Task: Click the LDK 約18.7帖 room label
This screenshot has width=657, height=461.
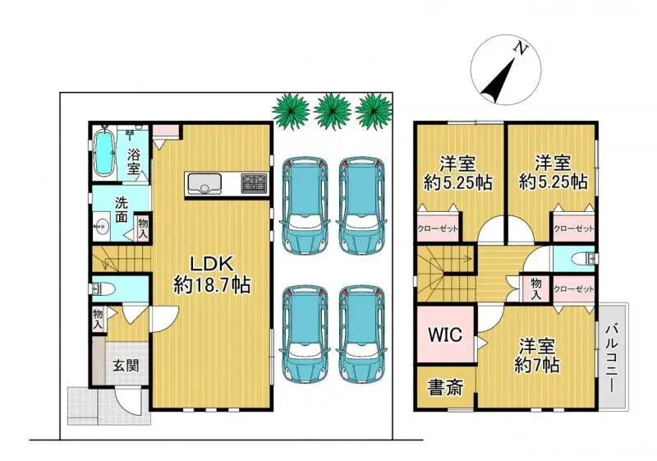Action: (212, 274)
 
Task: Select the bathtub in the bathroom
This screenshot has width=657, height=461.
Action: (105, 153)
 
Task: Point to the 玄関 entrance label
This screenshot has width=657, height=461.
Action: (125, 366)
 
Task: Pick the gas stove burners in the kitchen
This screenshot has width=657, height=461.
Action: (254, 183)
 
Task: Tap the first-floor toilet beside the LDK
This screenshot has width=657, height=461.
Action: (103, 288)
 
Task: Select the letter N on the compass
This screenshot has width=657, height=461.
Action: (520, 48)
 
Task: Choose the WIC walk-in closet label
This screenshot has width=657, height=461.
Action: (445, 335)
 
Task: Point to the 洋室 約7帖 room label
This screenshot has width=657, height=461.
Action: (538, 354)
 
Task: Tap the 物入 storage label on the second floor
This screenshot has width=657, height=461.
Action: (535, 288)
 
